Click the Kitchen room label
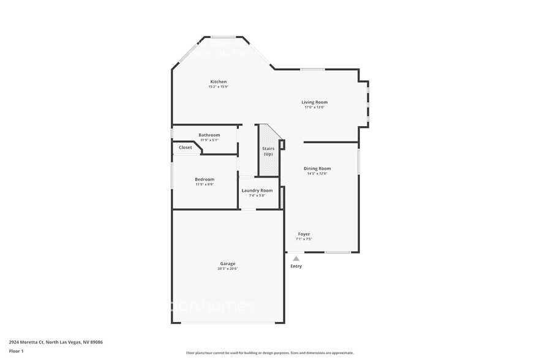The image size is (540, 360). (x=219, y=81)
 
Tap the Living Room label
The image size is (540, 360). (x=314, y=102)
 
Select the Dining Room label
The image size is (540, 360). (x=317, y=168)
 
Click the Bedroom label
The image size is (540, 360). (x=204, y=179)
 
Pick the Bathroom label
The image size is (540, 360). (x=209, y=135)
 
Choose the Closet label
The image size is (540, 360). (x=186, y=148)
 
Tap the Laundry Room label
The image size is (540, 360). (x=257, y=190)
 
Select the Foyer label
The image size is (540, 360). (x=304, y=234)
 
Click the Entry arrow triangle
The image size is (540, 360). (x=296, y=259)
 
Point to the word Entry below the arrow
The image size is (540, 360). (x=296, y=266)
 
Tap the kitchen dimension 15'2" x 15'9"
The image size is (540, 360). (x=218, y=87)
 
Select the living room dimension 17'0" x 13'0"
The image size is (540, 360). (x=314, y=107)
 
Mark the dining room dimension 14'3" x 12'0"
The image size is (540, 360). (x=317, y=174)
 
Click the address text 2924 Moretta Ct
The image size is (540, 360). (x=31, y=342)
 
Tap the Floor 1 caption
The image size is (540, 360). (x=16, y=351)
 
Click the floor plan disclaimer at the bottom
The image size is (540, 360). (x=269, y=353)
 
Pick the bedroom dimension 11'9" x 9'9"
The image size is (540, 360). (x=204, y=184)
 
